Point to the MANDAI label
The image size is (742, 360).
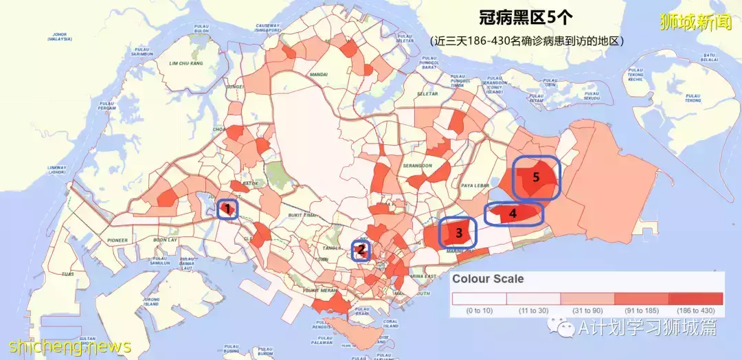click(318, 74)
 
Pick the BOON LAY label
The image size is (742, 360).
click(165, 240)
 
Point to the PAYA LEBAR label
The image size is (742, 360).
click(475, 185)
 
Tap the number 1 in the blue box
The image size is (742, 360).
click(227, 208)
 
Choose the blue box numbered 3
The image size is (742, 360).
click(458, 233)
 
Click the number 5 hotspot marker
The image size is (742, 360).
click(536, 177)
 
